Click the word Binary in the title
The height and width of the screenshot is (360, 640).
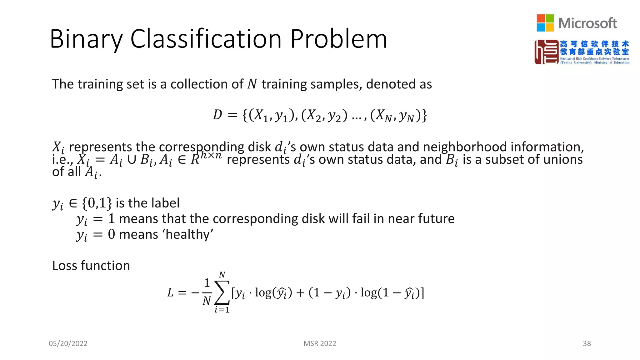86,39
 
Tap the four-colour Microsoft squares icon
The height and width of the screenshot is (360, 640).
545,23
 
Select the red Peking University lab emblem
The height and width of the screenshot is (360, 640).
546,52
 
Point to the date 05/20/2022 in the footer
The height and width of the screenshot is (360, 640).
68,343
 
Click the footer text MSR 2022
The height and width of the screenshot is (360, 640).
320,343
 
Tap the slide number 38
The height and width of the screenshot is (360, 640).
587,343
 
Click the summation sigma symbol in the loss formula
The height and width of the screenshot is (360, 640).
222,292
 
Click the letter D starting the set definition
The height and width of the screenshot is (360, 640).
217,115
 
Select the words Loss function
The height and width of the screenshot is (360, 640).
91,266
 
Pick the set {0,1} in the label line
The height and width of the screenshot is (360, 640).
97,203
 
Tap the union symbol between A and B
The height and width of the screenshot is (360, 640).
132,160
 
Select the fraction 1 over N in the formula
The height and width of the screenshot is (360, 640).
207,292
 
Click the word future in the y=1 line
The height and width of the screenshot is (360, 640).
436,219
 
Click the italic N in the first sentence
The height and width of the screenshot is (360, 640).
252,84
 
